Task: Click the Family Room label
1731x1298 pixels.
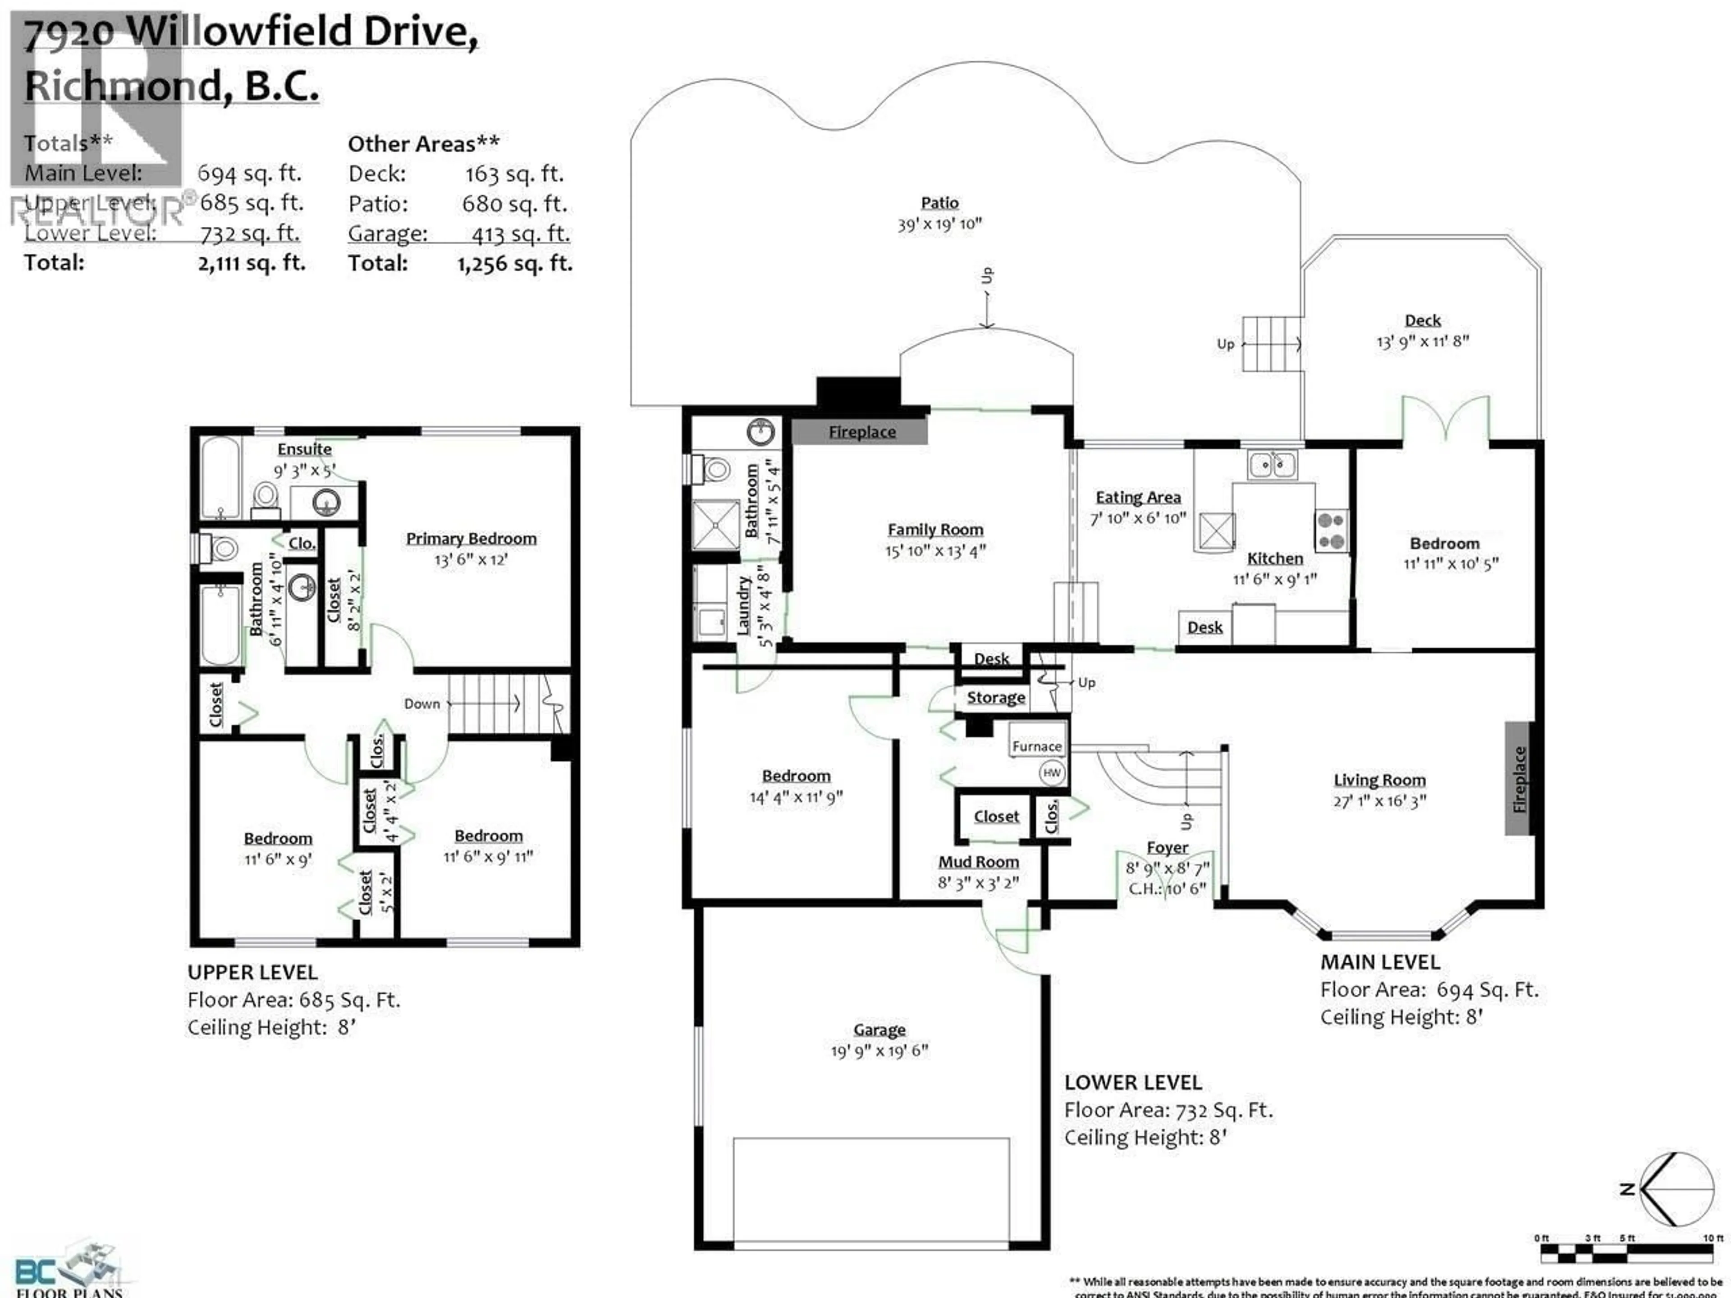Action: point(935,530)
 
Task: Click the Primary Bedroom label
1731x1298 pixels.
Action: point(471,538)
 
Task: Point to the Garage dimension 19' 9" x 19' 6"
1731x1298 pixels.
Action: point(879,1051)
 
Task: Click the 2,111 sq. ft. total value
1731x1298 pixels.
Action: point(251,263)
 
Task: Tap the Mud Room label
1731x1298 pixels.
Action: point(978,861)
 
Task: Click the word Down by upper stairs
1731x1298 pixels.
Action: point(422,704)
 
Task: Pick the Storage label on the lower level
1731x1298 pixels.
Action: point(995,697)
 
